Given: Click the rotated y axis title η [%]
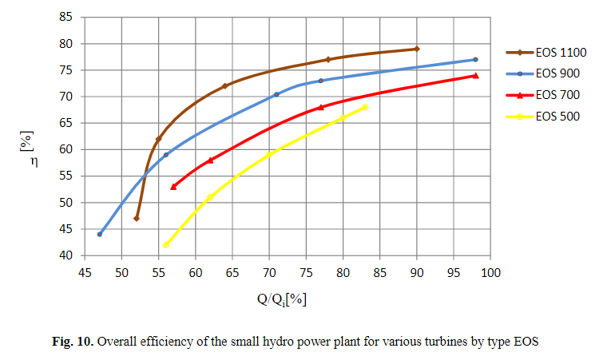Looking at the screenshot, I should [26, 136].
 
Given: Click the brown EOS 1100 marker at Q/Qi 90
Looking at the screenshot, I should [417, 49].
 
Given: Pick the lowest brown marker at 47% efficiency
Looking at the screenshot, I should [137, 218].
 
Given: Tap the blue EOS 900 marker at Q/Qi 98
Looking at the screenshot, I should [476, 60].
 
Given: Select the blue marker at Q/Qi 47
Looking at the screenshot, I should [100, 234].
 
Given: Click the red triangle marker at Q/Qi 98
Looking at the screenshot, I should [476, 76].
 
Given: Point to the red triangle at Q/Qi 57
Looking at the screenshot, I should [173, 187].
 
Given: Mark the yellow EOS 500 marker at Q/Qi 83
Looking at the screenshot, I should [365, 107].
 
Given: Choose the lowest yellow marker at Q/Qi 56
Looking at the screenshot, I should [166, 245].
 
